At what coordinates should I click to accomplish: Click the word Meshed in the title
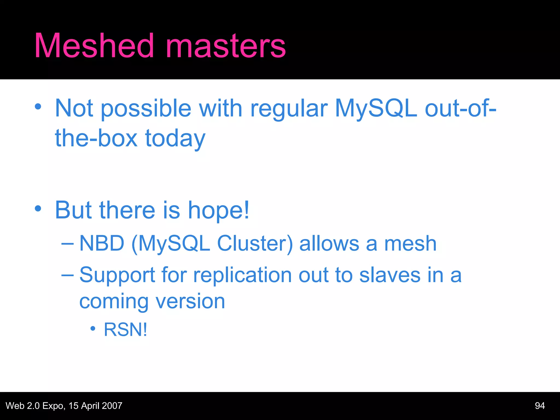point(94,46)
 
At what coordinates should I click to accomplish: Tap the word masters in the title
point(226,46)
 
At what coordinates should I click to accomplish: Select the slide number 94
point(540,406)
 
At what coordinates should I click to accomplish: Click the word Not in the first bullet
point(74,108)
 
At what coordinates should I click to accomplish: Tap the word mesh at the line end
point(410,243)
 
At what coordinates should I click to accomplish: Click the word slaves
point(390,275)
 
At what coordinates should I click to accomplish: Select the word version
point(190,301)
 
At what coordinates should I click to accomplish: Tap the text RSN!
point(126,329)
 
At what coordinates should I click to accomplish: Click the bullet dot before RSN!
point(93,328)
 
